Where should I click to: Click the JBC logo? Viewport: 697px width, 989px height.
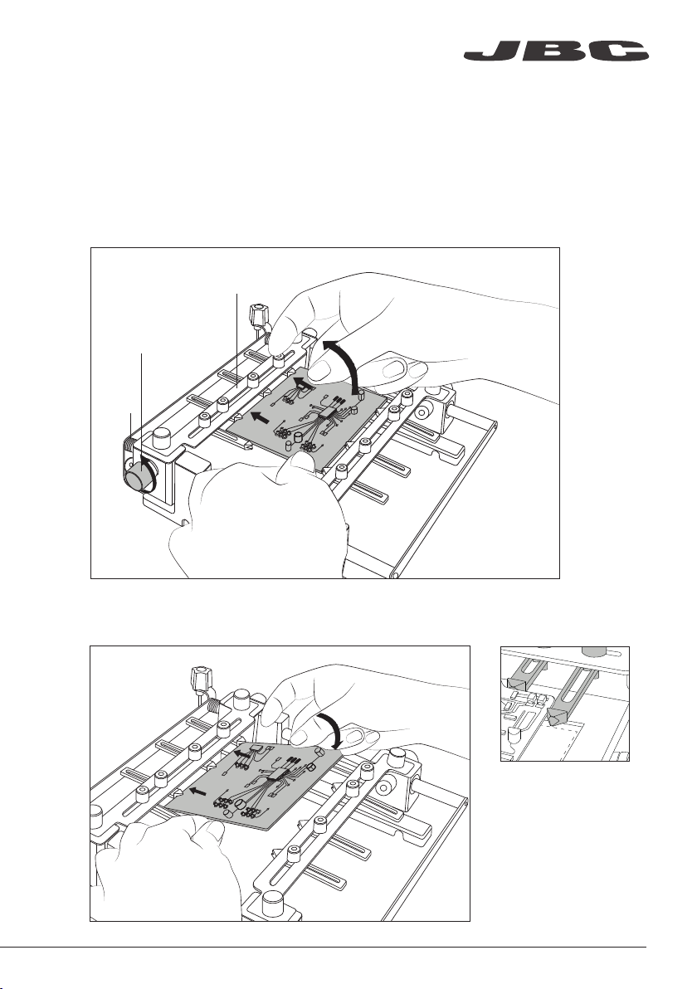(556, 51)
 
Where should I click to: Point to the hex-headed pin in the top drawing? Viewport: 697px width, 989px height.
(259, 314)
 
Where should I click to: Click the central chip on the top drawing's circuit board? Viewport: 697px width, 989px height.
(329, 412)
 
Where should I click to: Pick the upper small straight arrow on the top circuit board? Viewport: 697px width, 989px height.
(303, 382)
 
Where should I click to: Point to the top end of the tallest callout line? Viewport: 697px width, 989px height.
(237, 293)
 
